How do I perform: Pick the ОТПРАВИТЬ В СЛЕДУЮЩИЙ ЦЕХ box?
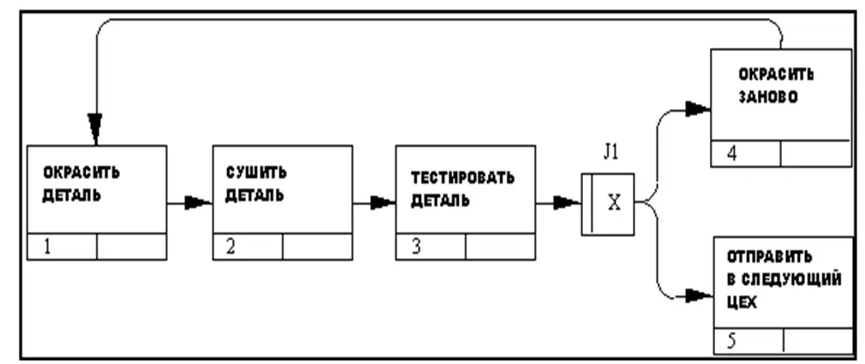784,283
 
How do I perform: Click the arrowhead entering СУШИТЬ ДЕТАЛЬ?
200,204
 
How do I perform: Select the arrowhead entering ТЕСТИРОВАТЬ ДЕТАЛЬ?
382,204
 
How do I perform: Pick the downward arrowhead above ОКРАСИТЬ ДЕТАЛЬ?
96,130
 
